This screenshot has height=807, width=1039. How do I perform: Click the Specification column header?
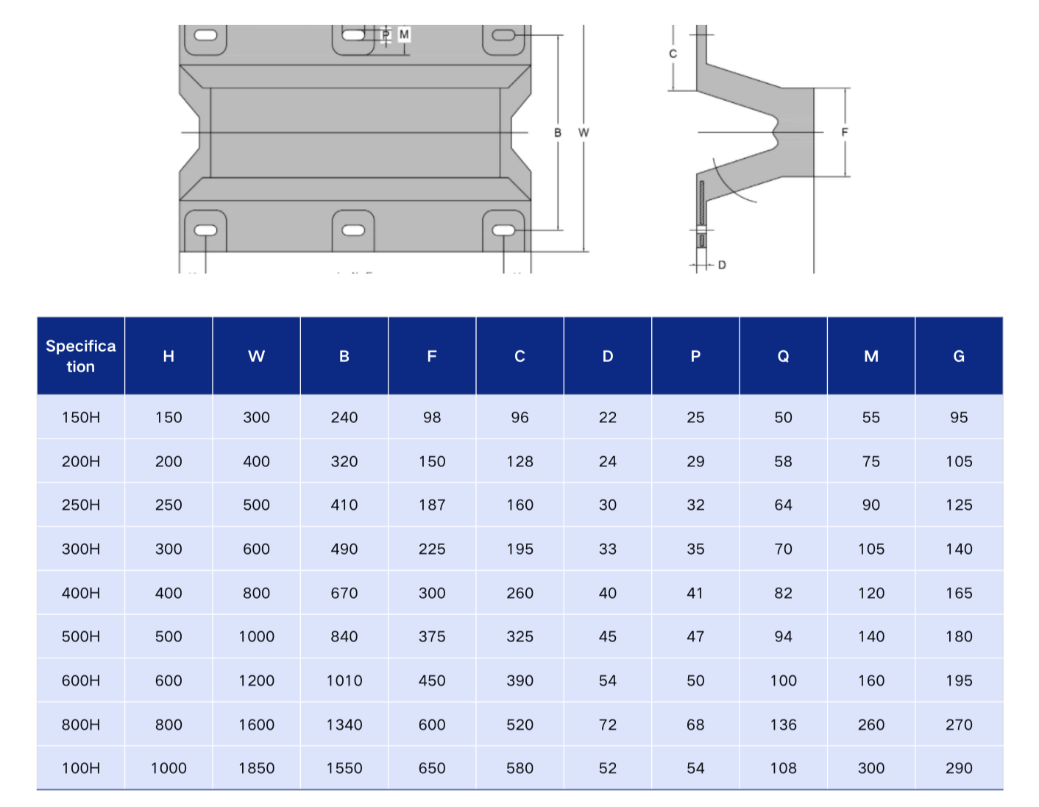(x=80, y=356)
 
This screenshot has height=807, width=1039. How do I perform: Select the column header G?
(x=958, y=356)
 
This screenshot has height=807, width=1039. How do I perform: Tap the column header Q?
(x=783, y=356)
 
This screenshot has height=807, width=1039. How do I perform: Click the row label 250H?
(x=80, y=505)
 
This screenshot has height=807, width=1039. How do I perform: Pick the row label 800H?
(x=80, y=725)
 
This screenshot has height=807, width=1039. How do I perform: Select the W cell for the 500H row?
(x=256, y=636)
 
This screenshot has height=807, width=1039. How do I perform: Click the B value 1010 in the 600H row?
(x=344, y=680)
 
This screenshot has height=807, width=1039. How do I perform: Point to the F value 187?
(x=432, y=505)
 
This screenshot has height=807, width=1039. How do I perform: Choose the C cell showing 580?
(x=519, y=768)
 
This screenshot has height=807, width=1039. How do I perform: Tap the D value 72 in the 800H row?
(x=607, y=725)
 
